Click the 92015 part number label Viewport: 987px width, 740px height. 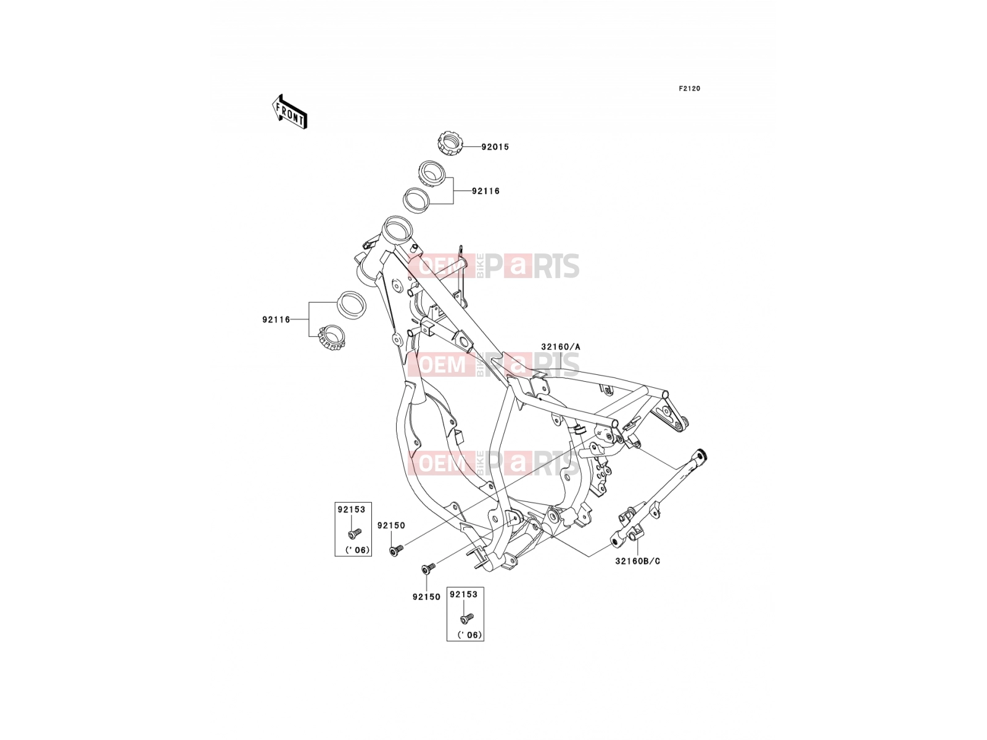495,147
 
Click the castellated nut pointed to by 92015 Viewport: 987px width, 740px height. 450,143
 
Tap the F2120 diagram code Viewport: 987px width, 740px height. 689,89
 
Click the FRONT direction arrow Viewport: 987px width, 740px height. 289,112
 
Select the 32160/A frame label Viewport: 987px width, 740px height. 560,347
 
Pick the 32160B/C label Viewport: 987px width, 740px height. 638,561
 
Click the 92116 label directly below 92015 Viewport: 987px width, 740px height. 485,191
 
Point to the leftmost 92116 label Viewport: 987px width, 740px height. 276,319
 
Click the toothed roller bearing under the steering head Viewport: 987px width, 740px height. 331,337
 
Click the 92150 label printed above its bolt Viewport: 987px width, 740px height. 390,525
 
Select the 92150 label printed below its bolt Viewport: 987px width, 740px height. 426,597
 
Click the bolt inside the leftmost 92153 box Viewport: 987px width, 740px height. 354,533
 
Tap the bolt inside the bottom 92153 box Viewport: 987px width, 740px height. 466,619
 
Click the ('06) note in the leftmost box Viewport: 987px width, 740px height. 357,550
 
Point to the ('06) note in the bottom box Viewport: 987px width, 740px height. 469,635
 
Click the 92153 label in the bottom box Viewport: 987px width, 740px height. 463,594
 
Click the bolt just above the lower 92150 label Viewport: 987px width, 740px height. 428,569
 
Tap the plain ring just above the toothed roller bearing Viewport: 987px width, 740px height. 352,305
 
